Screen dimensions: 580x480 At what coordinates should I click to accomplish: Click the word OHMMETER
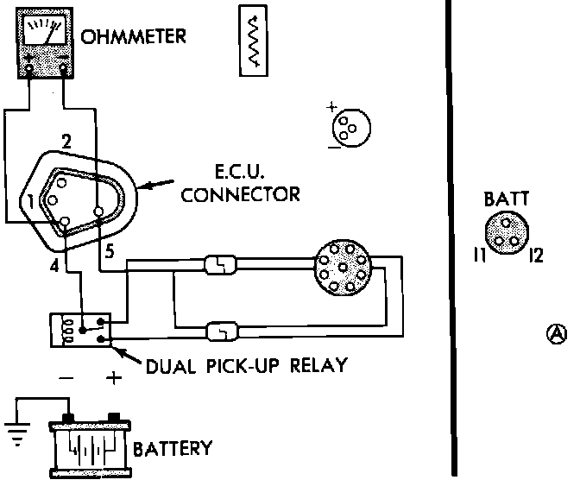tap(133, 36)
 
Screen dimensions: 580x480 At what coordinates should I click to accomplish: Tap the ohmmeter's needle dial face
tap(44, 31)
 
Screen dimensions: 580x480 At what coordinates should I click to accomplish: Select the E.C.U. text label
tap(240, 172)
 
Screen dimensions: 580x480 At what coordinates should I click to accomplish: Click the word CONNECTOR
tap(241, 194)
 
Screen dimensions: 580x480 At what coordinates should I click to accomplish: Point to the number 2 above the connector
tap(66, 142)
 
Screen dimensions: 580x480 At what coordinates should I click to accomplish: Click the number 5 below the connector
tap(110, 251)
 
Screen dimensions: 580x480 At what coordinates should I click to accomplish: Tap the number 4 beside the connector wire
tap(54, 266)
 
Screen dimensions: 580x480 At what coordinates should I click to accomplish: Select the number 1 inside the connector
tap(31, 202)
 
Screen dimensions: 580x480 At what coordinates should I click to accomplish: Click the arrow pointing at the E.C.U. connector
tap(157, 184)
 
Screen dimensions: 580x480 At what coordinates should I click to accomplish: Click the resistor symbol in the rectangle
tap(254, 41)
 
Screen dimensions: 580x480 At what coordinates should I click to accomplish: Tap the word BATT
tap(507, 199)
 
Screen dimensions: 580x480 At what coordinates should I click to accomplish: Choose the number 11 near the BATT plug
tap(480, 255)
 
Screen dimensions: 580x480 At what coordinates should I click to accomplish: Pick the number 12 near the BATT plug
tap(536, 256)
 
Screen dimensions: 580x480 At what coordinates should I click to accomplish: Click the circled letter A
tap(557, 334)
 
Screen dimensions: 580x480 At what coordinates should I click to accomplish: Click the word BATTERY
tap(173, 449)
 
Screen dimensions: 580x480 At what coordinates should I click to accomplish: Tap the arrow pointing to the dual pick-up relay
tap(127, 355)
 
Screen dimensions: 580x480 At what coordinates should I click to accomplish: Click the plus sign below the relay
tap(114, 378)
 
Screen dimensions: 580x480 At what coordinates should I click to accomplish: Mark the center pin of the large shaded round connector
tap(343, 268)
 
